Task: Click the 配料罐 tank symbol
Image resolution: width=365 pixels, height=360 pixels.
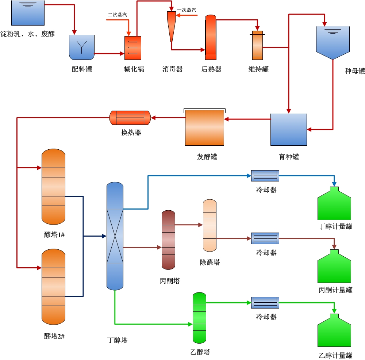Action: (82, 47)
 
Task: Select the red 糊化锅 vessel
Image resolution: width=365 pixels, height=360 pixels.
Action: (132, 48)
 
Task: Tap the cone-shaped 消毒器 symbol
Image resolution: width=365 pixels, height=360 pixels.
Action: (171, 26)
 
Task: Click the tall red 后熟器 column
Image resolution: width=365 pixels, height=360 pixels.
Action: (211, 37)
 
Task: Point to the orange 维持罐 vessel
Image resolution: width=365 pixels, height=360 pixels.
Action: (257, 45)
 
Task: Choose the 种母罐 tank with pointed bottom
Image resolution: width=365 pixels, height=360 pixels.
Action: (333, 42)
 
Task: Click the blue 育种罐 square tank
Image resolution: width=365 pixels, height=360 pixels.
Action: (288, 129)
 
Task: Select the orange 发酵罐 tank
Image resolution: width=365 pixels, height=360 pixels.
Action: (204, 128)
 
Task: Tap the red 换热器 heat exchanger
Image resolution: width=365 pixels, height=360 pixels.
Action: (130, 118)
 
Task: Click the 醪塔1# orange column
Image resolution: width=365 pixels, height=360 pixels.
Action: (53, 187)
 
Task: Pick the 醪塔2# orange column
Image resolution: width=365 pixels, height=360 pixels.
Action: (53, 287)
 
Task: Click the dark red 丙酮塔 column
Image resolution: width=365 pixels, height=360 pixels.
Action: (168, 240)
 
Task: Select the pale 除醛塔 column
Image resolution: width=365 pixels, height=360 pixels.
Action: (210, 225)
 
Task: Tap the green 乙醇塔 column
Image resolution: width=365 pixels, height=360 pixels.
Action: (199, 318)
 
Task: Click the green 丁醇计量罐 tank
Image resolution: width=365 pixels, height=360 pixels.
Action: (334, 204)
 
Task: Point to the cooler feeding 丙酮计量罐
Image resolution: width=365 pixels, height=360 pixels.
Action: (265, 238)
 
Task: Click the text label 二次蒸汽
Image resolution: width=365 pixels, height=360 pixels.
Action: (118, 15)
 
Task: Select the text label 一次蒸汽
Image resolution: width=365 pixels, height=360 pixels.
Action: (187, 10)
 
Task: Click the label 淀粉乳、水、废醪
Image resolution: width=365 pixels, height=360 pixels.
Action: (27, 34)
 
